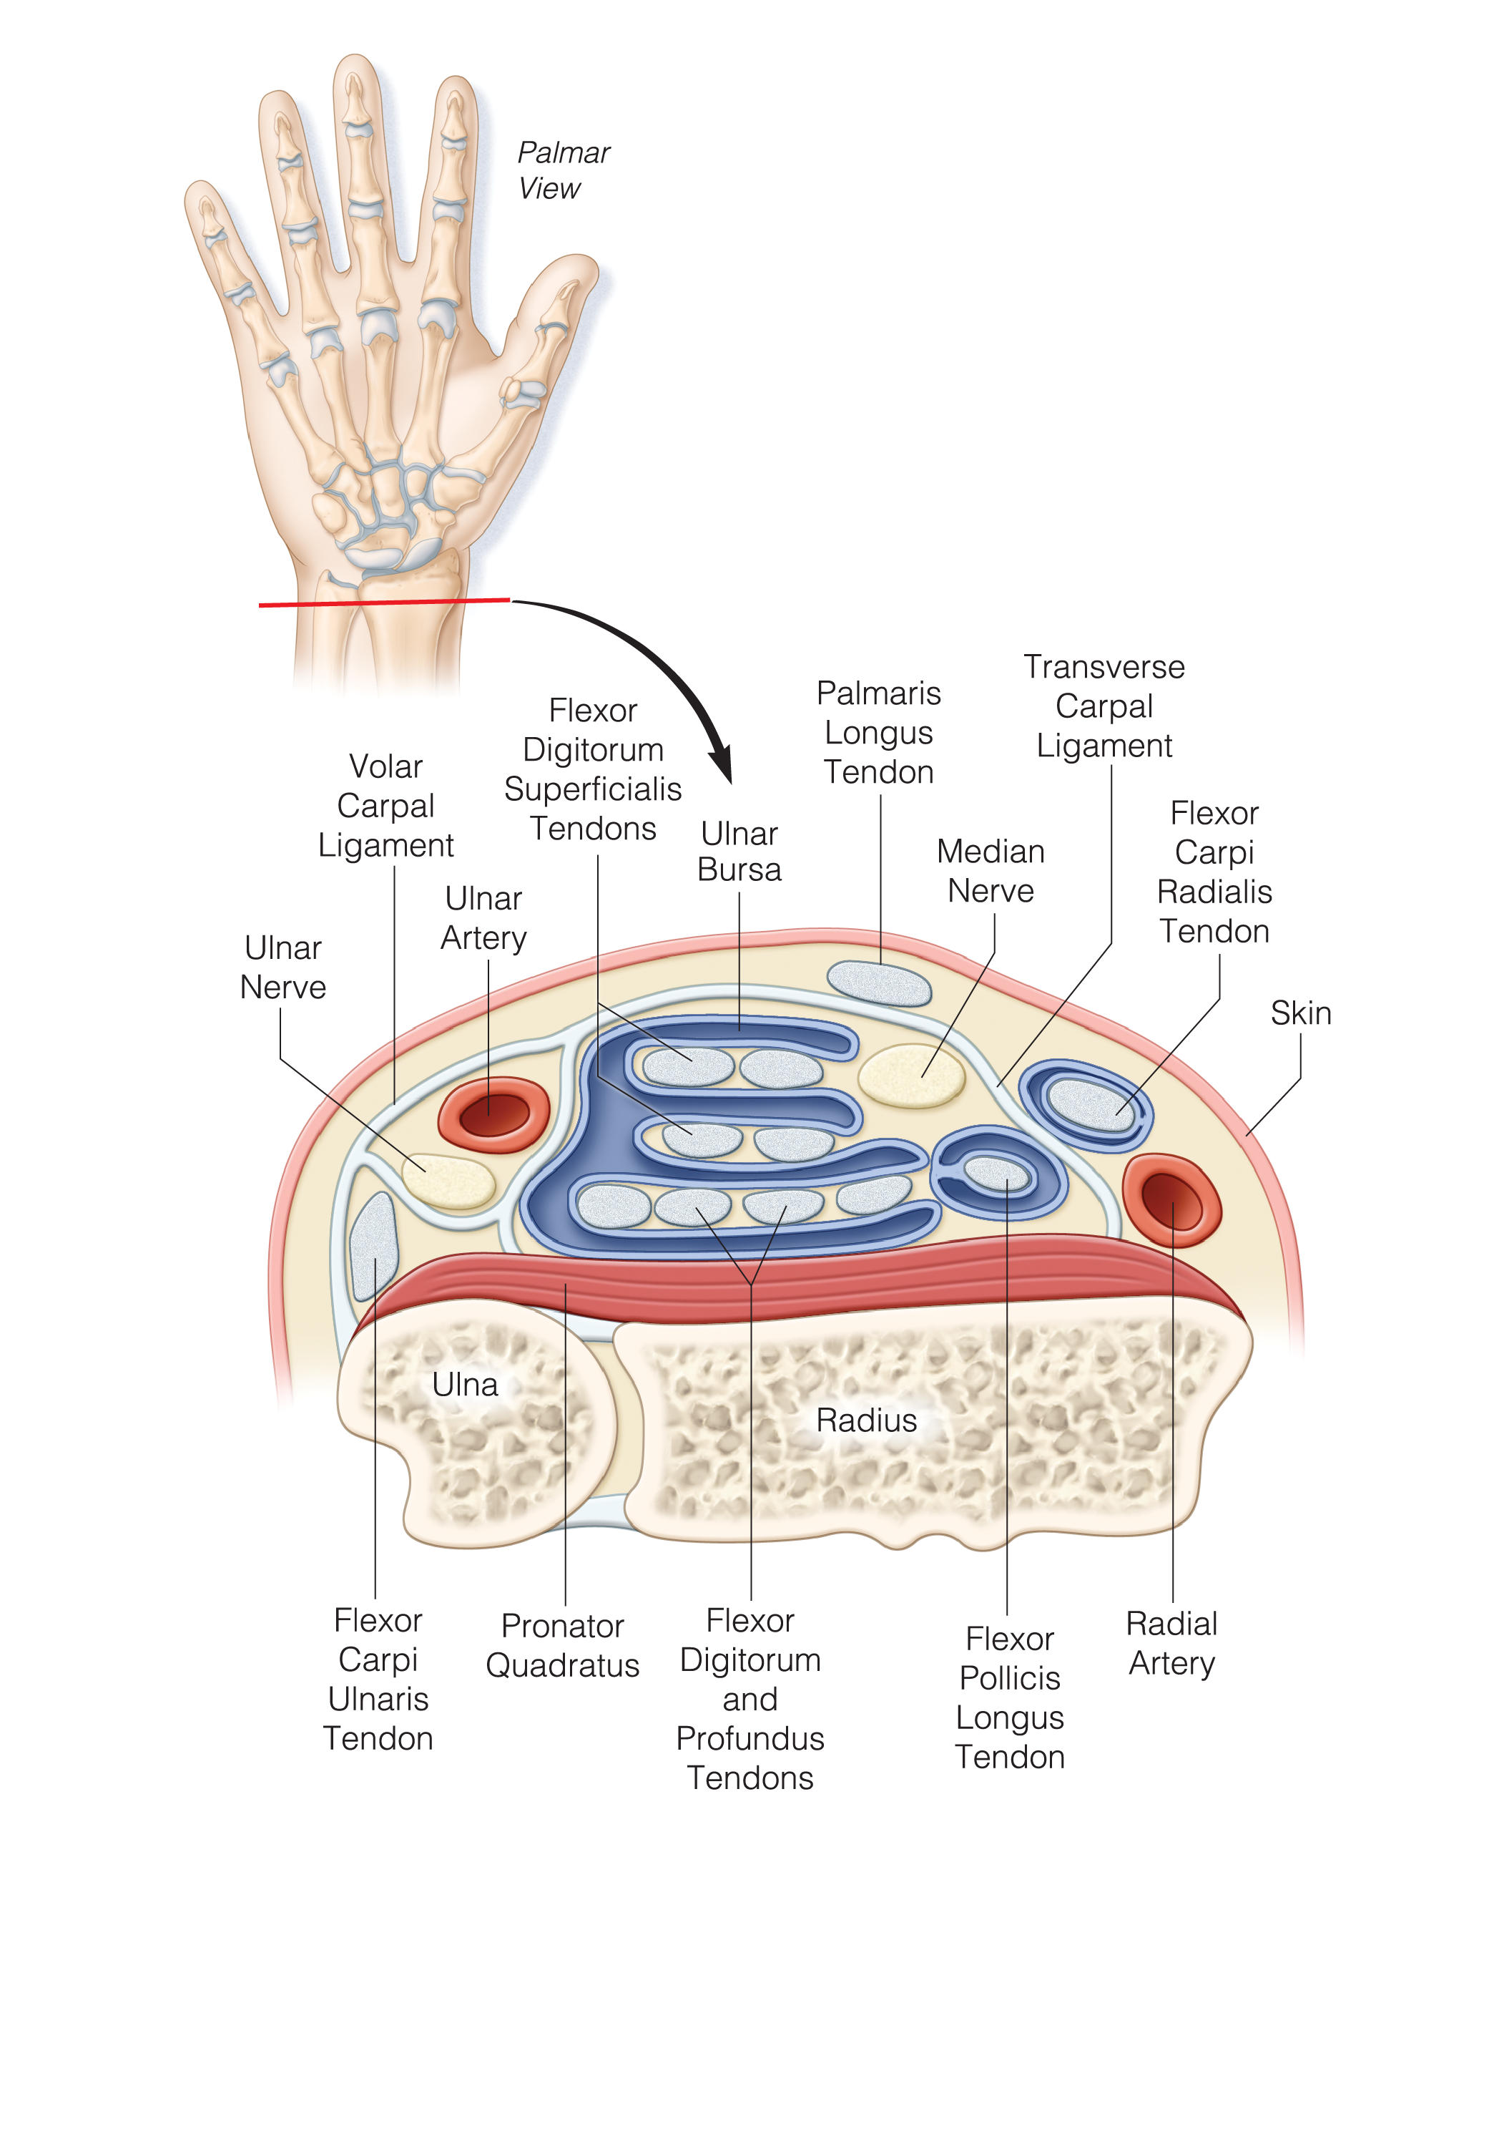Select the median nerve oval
(911, 1075)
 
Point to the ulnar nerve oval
(448, 1181)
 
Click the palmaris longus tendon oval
(879, 983)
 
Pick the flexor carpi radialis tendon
(1090, 1105)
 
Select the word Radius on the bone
(866, 1420)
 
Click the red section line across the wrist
(384, 602)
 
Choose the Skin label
(1300, 1013)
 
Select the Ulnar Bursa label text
(739, 852)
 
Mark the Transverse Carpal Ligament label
(1104, 706)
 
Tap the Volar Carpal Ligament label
(385, 805)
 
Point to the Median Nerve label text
(991, 870)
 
